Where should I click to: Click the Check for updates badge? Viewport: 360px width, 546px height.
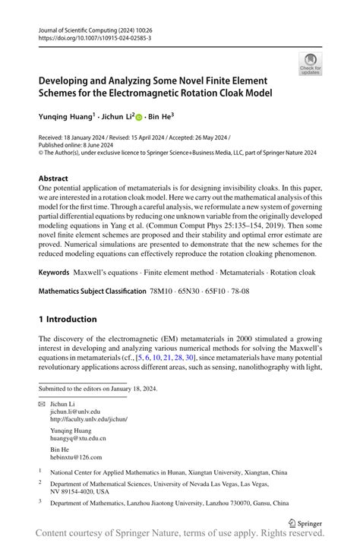pos(310,65)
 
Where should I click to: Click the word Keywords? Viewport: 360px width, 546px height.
pos(60,272)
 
